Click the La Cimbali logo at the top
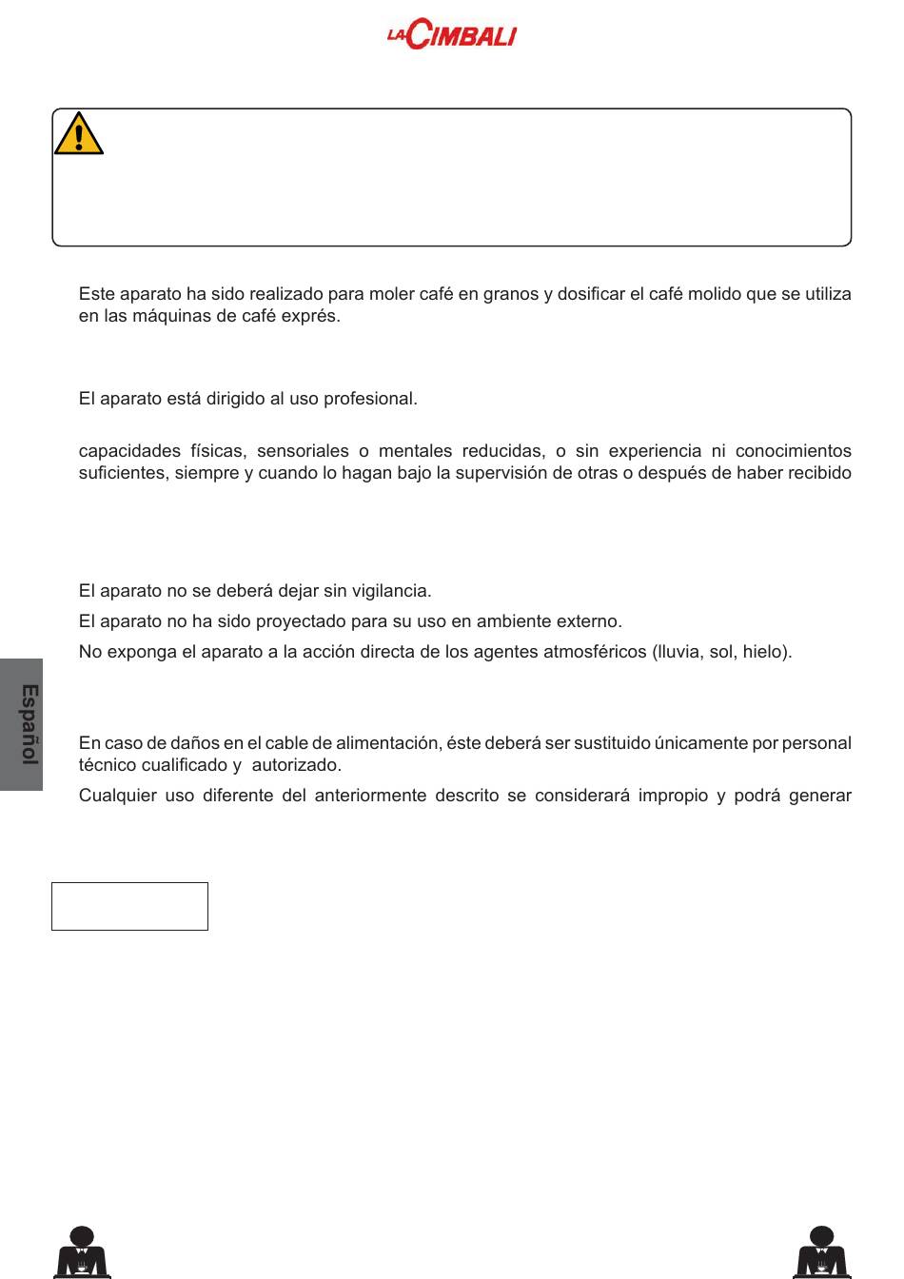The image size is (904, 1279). pyautogui.click(x=451, y=35)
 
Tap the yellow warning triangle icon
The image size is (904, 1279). pyautogui.click(x=78, y=134)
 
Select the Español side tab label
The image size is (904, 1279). pyautogui.click(x=29, y=724)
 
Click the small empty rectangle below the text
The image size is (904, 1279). pyautogui.click(x=129, y=906)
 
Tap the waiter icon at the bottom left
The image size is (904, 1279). pyautogui.click(x=83, y=1252)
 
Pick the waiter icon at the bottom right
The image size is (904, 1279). pyautogui.click(x=821, y=1252)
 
